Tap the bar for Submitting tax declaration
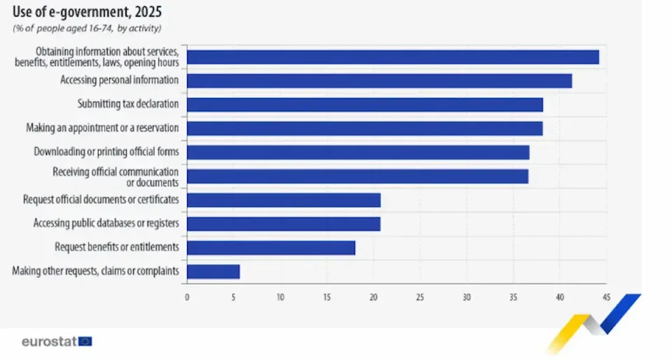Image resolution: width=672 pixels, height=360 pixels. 365,104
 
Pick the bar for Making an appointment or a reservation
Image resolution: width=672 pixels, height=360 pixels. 365,128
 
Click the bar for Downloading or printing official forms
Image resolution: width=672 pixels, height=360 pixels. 358,152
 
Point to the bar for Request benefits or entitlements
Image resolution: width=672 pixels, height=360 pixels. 271,248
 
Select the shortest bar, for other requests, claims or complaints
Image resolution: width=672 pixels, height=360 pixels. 213,272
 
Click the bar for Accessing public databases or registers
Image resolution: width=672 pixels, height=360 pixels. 283,224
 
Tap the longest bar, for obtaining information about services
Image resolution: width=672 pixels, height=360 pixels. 393,57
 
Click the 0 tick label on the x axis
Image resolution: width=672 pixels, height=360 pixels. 187,298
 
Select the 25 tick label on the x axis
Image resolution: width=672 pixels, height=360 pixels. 420,298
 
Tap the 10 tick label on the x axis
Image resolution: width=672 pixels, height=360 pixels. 280,298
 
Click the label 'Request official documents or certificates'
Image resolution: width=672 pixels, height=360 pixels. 101,200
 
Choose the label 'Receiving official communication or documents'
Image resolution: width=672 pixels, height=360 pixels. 115,176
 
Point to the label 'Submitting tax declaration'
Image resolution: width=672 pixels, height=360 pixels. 127,104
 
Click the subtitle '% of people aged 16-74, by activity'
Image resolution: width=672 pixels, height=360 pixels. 87,28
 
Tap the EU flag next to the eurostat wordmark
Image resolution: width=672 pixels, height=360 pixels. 85,342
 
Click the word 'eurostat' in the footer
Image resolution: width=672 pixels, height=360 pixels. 48,342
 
